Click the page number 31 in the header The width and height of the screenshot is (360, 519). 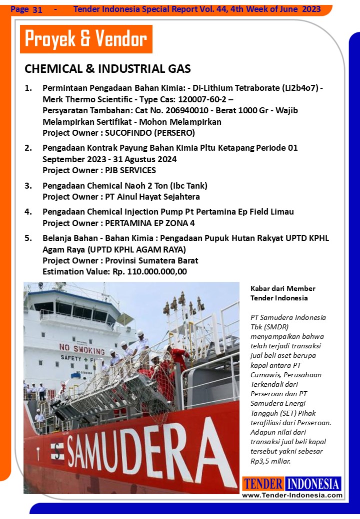pyautogui.click(x=37, y=9)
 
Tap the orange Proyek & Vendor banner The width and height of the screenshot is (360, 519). pyautogui.click(x=85, y=39)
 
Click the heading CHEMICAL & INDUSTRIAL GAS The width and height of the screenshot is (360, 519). pyautogui.click(x=107, y=69)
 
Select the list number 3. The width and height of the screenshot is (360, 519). pyautogui.click(x=28, y=186)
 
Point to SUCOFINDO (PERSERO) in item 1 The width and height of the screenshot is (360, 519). pyautogui.click(x=150, y=133)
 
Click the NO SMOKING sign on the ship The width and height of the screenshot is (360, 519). pyautogui.click(x=82, y=347)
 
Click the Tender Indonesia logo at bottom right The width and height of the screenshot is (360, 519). pyautogui.click(x=292, y=484)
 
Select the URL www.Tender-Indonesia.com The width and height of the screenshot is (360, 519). pyautogui.click(x=292, y=495)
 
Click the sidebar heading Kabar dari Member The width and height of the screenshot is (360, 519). pyautogui.click(x=283, y=288)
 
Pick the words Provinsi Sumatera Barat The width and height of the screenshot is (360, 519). pyautogui.click(x=151, y=260)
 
